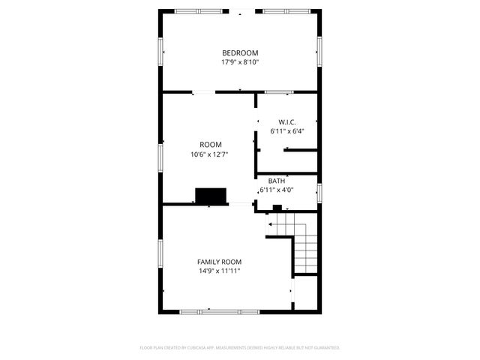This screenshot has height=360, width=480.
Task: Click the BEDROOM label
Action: [x=240, y=52]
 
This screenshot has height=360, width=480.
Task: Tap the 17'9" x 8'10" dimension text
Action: [x=240, y=62]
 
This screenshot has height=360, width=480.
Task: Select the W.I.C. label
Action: [x=287, y=121]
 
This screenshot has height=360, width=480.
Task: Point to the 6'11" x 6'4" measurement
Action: [x=287, y=131]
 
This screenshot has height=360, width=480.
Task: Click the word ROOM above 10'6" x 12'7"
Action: [x=210, y=145]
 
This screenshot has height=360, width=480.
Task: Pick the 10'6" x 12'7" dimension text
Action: [x=210, y=154]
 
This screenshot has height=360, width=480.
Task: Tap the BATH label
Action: [x=277, y=181]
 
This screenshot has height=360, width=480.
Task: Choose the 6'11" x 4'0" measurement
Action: [x=277, y=190]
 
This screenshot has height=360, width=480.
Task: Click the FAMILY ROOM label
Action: [x=219, y=262]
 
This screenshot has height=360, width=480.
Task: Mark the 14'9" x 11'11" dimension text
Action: [x=219, y=271]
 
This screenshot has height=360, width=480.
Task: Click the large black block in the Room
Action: [x=211, y=196]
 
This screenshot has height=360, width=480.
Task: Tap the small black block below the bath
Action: [x=277, y=208]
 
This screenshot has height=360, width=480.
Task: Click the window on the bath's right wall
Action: [x=319, y=193]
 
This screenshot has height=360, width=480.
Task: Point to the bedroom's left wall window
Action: [x=160, y=50]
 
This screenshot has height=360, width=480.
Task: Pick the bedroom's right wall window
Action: [x=319, y=50]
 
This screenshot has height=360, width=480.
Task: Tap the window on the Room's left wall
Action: [x=160, y=157]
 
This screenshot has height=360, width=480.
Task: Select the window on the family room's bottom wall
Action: [x=219, y=311]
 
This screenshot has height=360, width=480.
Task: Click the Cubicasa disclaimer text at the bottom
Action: [x=240, y=348]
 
